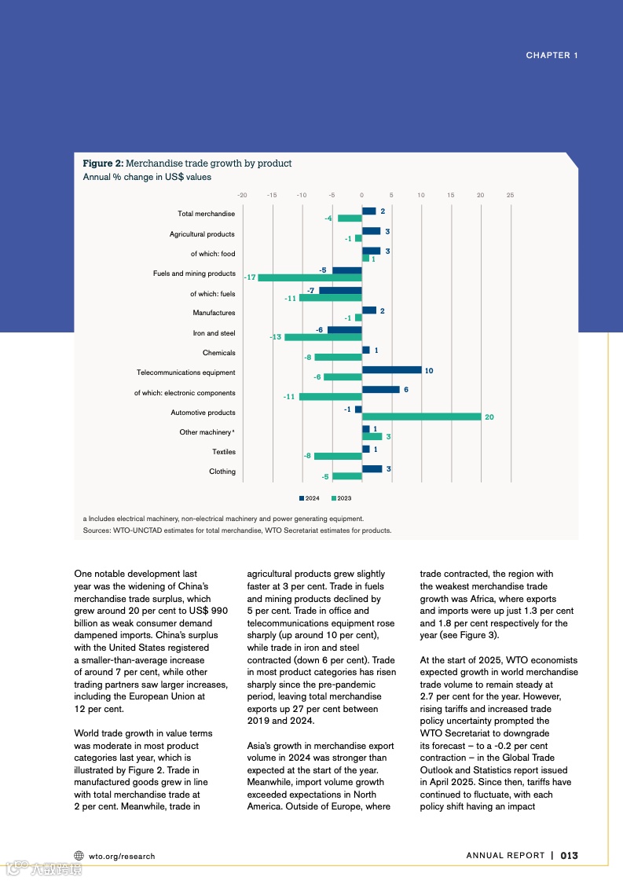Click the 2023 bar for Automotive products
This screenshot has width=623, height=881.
(x=421, y=417)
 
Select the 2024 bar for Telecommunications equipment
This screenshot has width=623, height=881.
(x=391, y=369)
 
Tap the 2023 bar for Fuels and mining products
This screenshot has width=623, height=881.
(x=310, y=277)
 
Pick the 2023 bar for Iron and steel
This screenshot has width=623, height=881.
(x=323, y=337)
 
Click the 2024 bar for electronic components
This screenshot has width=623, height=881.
(x=380, y=389)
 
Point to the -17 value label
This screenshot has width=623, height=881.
(x=250, y=277)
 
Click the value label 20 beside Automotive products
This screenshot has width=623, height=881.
(x=489, y=417)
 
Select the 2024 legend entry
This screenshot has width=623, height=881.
(x=309, y=498)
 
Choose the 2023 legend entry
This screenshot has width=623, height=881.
(x=341, y=498)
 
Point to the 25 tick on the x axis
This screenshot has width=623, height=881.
(x=510, y=195)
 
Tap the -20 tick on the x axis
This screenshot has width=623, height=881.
(x=243, y=195)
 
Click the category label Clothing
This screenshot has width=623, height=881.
(x=222, y=472)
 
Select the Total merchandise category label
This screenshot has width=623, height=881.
(x=206, y=214)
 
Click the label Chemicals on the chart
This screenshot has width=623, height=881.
(x=218, y=353)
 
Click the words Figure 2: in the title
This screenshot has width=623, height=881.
(x=103, y=163)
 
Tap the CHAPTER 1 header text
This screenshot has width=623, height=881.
(x=552, y=55)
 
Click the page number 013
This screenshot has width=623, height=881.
(x=569, y=856)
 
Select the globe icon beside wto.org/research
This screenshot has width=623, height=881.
(x=79, y=856)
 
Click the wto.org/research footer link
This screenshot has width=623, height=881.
(x=122, y=856)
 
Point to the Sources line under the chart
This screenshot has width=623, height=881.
(x=236, y=530)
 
